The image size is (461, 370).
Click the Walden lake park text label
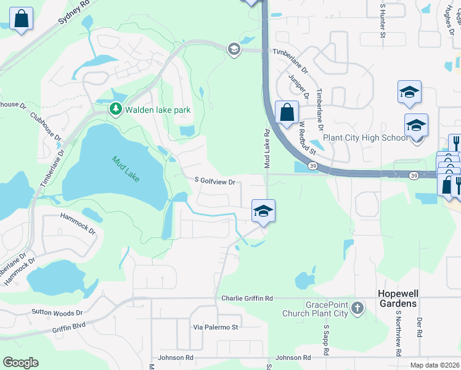point(157,110)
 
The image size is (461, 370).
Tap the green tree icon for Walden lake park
point(115,109)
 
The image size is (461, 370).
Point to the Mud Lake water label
point(126,168)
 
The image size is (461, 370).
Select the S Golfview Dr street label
point(215,181)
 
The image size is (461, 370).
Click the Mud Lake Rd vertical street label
point(267,149)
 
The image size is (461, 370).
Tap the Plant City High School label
point(365,138)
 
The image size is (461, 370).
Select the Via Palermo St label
point(215,327)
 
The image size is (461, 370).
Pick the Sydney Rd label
point(73,12)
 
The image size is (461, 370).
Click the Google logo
point(20,363)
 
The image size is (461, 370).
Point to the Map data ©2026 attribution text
point(434,365)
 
